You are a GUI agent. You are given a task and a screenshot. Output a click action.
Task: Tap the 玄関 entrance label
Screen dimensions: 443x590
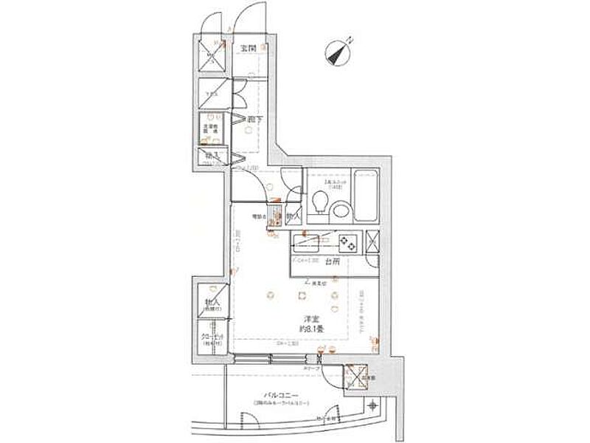click(247, 49)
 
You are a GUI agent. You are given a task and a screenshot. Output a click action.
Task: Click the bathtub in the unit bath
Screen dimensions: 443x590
click(365, 195)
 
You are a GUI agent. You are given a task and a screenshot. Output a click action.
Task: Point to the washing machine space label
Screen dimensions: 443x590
click(212, 128)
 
